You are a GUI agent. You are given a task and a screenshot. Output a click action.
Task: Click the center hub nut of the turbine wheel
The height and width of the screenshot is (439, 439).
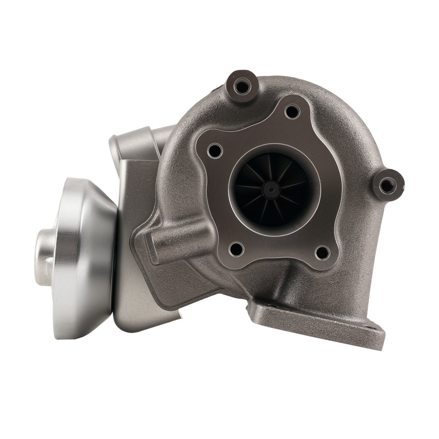click(x=271, y=189)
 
